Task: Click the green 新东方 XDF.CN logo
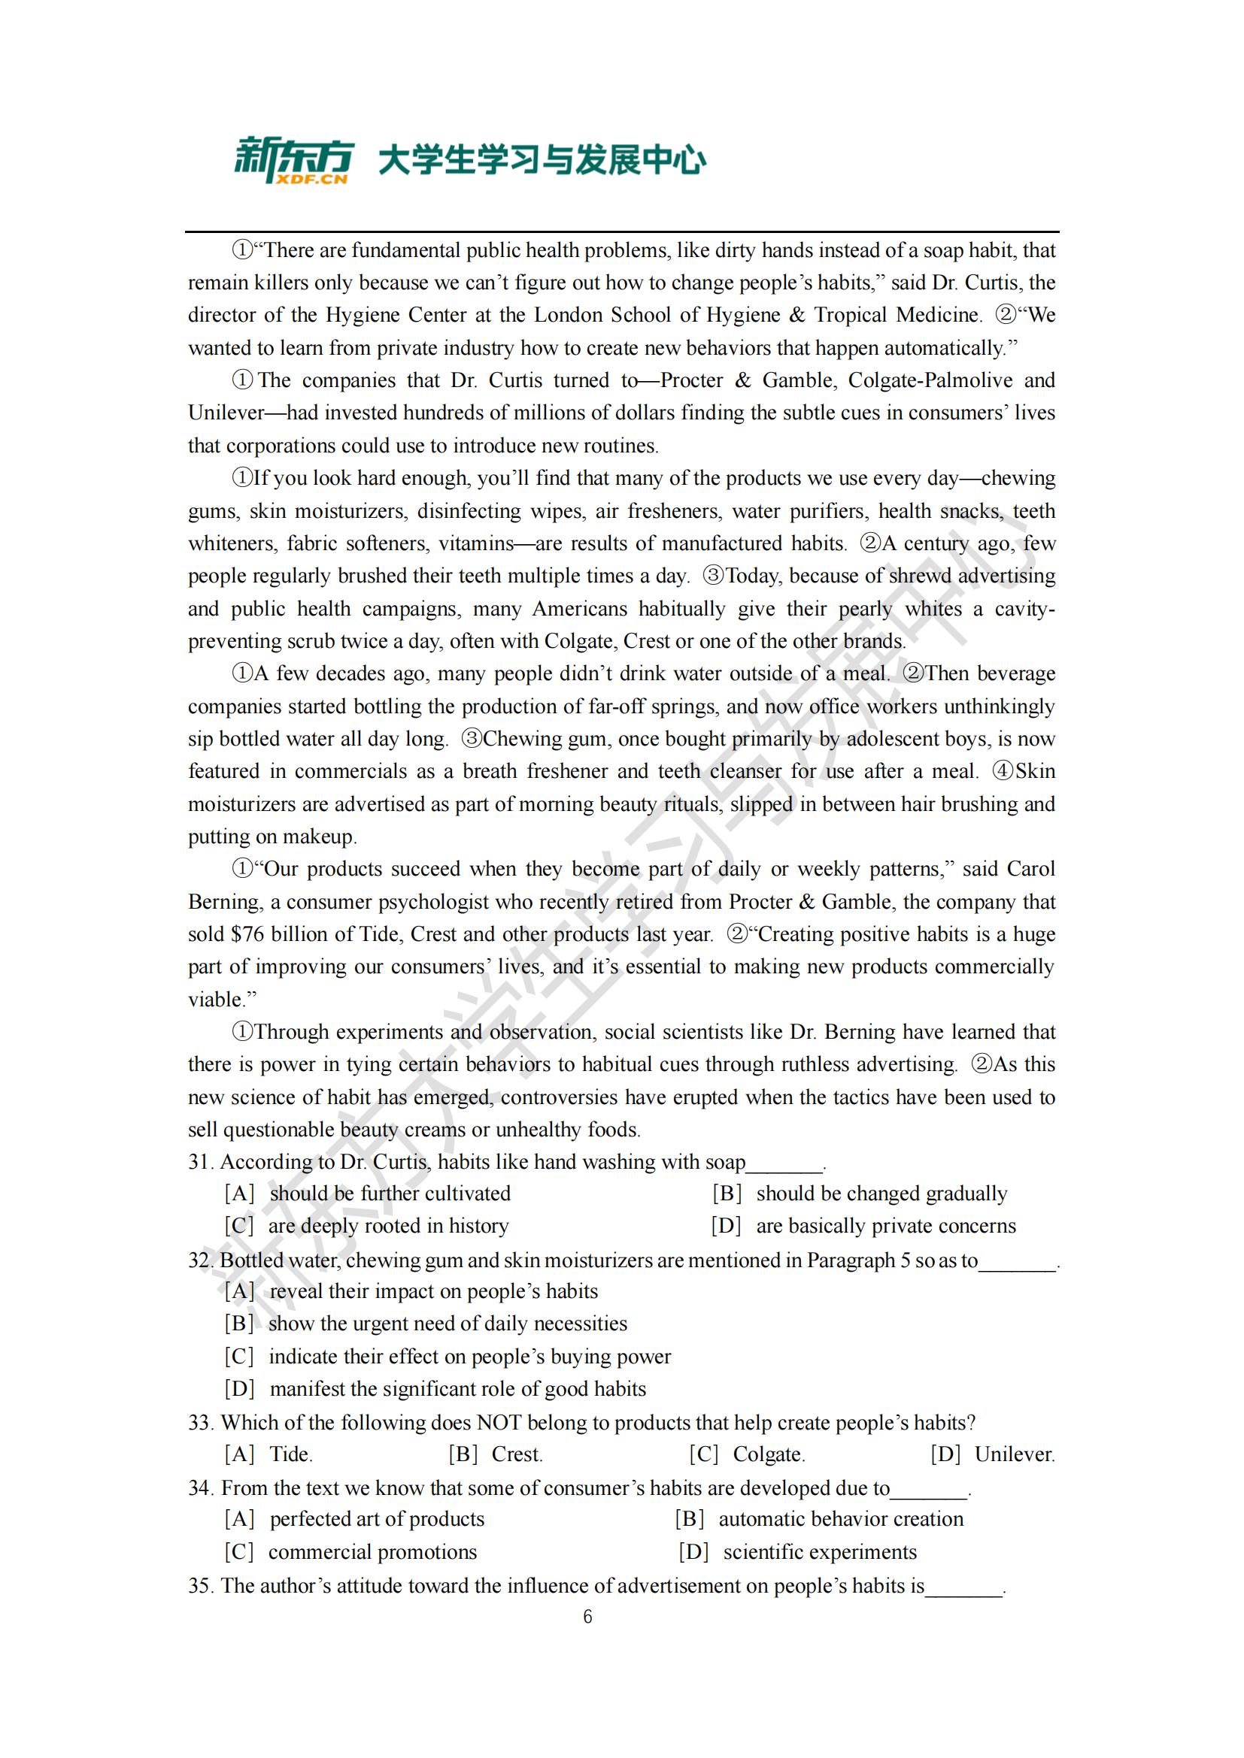293,160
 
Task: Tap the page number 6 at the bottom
587,1617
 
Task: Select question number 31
200,1161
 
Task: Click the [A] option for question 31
239,1194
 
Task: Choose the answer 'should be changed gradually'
881,1194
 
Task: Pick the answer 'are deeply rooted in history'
387,1226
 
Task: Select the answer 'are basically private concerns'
885,1226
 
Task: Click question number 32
200,1260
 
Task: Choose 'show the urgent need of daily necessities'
448,1324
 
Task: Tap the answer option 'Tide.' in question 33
290,1454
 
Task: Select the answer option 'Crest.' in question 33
516,1454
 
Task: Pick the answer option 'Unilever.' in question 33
1014,1454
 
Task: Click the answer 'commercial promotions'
372,1552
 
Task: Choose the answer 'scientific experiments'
819,1552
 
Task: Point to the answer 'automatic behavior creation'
840,1519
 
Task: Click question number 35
200,1585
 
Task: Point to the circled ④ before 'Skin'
1003,771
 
